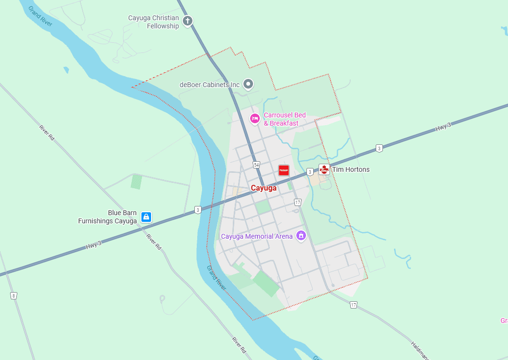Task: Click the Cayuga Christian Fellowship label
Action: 153,22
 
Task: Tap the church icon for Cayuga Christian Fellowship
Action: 188,21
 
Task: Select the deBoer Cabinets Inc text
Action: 209,85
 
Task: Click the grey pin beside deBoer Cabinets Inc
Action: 248,84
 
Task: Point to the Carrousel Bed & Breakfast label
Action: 284,119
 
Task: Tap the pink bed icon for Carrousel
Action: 254,118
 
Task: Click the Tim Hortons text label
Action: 351,169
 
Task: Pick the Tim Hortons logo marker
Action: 324,169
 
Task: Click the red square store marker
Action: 284,169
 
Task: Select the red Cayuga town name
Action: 264,188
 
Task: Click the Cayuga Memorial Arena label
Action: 256,236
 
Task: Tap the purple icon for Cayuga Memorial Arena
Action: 301,236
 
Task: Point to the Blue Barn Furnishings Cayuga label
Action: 108,217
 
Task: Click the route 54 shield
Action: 256,165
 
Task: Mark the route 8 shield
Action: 13,296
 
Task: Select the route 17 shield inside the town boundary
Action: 298,202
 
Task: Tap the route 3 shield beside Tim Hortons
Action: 310,171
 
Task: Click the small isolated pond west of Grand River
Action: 66,70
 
